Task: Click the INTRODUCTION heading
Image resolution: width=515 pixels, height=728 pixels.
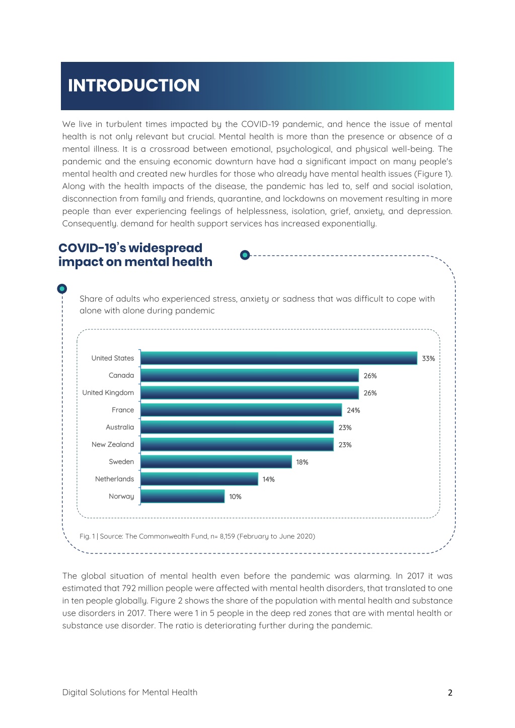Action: point(133,86)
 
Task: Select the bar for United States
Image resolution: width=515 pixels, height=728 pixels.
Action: point(279,358)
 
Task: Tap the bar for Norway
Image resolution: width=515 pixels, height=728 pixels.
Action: point(183,496)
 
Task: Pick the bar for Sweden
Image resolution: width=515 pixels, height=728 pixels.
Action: point(216,462)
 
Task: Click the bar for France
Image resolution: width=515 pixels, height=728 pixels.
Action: point(241,410)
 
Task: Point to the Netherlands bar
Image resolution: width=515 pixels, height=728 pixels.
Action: point(199,479)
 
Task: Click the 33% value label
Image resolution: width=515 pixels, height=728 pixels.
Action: point(428,359)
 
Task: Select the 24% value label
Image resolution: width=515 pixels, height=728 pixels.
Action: point(353,411)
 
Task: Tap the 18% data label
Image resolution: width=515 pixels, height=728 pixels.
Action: point(302,462)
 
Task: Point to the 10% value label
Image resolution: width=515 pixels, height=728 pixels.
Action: point(236,497)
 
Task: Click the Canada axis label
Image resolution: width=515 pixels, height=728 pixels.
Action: point(121,375)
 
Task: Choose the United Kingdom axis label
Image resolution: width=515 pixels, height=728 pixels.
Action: point(108,392)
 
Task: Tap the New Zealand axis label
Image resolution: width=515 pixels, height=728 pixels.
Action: point(113,444)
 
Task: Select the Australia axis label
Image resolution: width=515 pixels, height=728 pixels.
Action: point(120,427)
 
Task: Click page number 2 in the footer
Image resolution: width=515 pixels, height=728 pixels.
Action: point(450,693)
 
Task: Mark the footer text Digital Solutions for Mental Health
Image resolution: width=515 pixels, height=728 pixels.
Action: point(130,692)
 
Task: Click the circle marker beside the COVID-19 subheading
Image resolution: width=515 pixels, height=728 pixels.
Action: point(245,255)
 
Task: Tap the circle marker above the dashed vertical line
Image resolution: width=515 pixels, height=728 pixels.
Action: point(62,289)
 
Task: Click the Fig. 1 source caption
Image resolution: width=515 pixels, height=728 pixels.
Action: point(197,536)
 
